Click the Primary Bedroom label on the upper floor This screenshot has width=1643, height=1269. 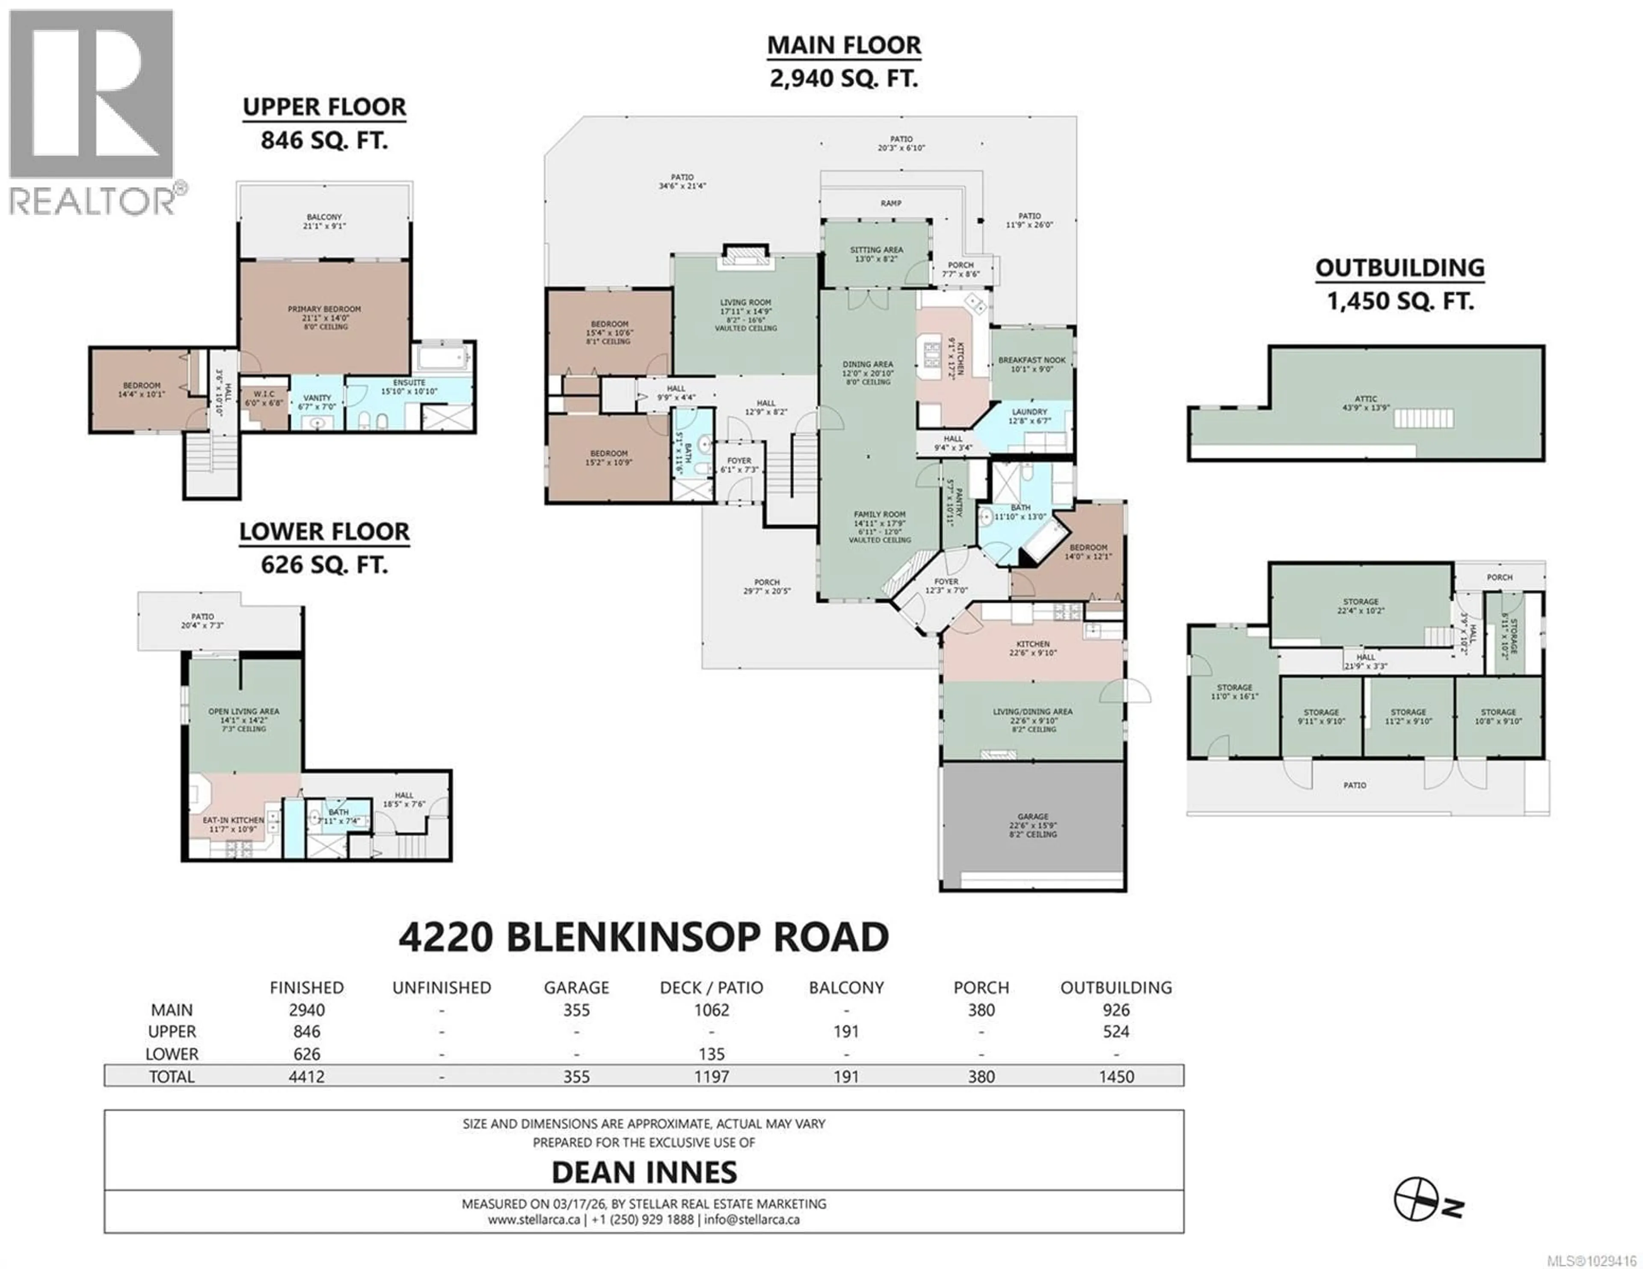(324, 309)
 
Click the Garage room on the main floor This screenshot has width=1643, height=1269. (1033, 825)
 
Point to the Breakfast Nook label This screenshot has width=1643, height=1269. (1032, 360)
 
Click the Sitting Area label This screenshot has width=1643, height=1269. (876, 250)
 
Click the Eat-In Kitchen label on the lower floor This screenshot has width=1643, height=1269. (233, 820)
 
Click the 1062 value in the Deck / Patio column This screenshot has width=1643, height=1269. (711, 1010)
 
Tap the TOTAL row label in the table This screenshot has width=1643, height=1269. (172, 1077)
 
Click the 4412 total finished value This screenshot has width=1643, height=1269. (306, 1077)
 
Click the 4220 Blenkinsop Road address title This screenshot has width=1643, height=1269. (644, 937)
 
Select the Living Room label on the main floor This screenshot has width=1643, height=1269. (745, 302)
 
